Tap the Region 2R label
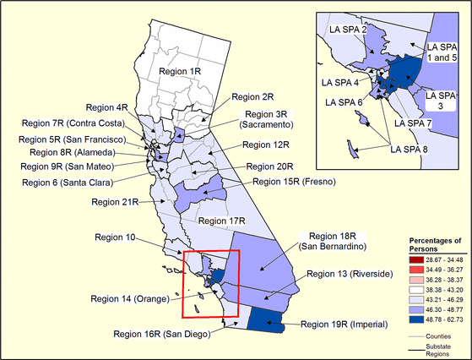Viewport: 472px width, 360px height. coord(252,97)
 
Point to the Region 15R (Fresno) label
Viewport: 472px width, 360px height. coord(295,182)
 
